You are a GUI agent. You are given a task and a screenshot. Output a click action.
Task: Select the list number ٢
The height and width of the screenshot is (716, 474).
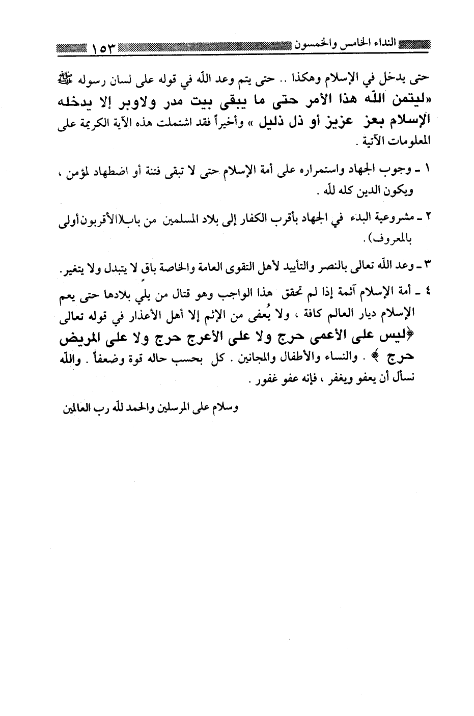428,218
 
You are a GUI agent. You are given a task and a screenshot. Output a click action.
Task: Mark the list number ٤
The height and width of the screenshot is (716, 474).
428,292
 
